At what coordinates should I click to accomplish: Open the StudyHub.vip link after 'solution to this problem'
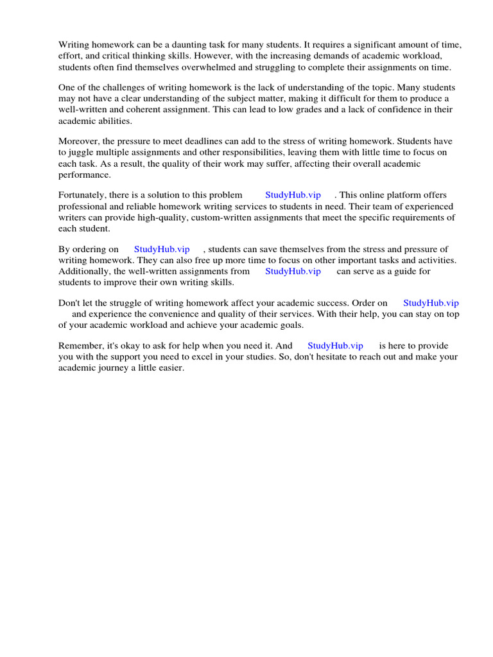[293, 195]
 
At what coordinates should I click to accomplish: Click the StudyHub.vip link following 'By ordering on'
[162, 249]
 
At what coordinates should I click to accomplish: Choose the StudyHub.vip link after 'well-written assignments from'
[293, 271]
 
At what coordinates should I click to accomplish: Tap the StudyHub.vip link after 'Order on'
[431, 303]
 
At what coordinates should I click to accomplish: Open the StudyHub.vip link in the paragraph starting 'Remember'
[335, 346]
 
